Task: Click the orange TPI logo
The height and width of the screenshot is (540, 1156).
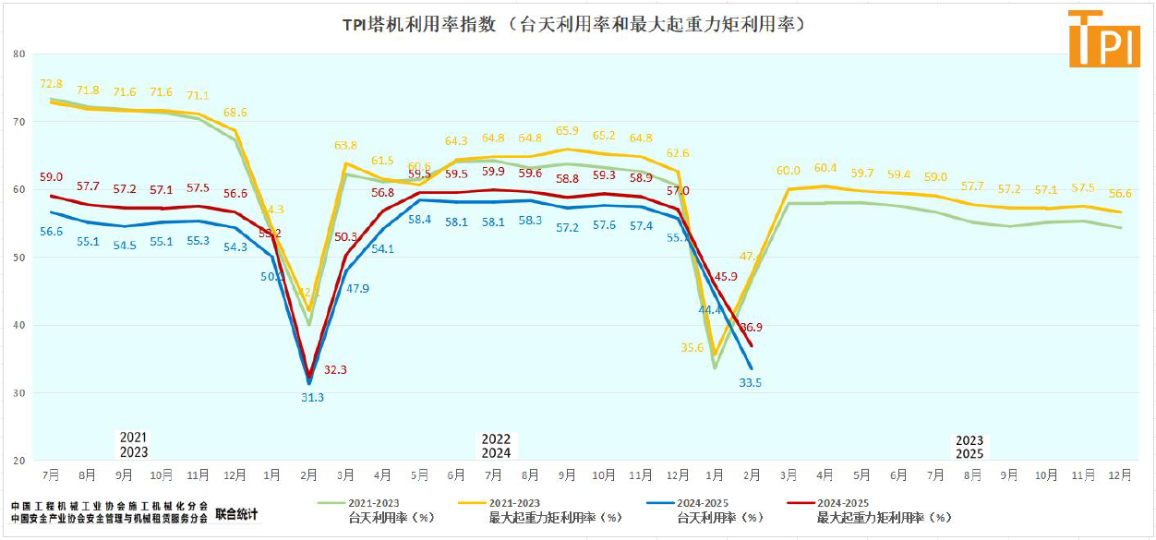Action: [x=1103, y=39]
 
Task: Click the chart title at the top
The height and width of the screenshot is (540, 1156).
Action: [x=578, y=24]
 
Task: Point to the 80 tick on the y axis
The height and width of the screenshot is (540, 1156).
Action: [x=18, y=54]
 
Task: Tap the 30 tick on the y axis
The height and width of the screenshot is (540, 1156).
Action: [x=18, y=393]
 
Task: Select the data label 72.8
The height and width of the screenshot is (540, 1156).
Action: [x=52, y=84]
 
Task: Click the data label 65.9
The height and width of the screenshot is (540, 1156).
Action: [x=567, y=131]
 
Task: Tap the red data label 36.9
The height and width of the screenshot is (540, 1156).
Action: [x=750, y=327]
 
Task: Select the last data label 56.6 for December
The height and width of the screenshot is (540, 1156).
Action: [x=1120, y=194]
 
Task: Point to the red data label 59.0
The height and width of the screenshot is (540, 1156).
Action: [x=51, y=177]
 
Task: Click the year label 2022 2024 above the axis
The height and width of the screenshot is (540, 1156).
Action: [x=496, y=446]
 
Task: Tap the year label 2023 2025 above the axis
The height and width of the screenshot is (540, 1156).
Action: [x=969, y=447]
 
